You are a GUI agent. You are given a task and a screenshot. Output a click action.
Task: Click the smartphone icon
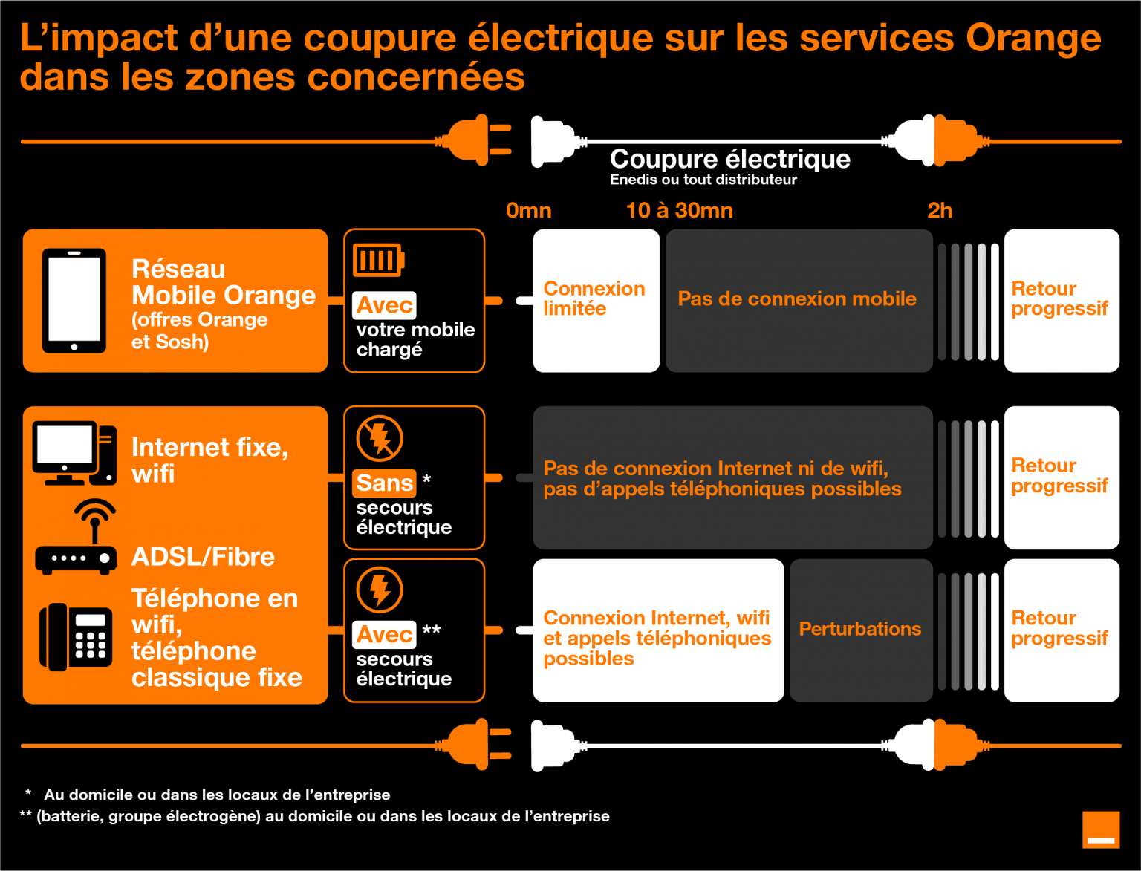tap(74, 301)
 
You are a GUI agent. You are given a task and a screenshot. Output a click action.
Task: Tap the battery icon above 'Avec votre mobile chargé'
tap(378, 260)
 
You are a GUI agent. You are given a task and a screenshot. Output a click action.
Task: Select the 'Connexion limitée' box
tap(596, 301)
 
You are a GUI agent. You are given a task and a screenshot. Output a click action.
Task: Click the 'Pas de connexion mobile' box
tap(799, 301)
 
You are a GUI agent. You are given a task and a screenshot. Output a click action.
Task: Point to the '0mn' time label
tap(529, 211)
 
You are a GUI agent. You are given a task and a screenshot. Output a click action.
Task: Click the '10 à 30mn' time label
tap(680, 211)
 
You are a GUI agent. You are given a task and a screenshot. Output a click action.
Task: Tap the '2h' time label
tap(940, 211)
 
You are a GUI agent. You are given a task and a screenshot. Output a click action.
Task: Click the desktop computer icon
tap(74, 453)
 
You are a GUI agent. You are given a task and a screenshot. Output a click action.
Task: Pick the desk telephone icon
tap(76, 637)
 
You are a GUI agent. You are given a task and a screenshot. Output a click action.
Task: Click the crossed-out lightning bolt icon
tap(380, 438)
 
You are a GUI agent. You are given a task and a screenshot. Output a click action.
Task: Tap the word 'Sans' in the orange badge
tap(385, 483)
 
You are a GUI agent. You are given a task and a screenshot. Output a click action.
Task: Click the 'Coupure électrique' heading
tap(729, 159)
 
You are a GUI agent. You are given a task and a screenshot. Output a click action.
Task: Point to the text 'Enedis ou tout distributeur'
tap(703, 180)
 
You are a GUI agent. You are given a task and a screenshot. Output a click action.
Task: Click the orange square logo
tap(1101, 829)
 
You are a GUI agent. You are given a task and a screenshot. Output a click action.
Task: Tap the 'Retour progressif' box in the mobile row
tap(1062, 301)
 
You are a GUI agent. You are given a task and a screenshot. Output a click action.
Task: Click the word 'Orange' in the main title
tap(1033, 39)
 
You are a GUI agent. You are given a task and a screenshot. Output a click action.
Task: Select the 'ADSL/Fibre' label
tap(203, 557)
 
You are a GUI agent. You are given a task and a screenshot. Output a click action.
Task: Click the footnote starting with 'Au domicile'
tap(217, 795)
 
